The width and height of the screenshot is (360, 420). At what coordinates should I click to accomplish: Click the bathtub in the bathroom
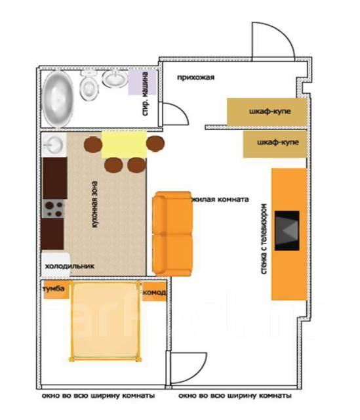tap(58, 99)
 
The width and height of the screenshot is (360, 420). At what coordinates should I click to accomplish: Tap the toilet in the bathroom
tap(89, 85)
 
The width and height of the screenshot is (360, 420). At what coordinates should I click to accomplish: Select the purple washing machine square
tap(142, 83)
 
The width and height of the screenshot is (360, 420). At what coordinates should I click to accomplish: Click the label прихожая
tap(195, 77)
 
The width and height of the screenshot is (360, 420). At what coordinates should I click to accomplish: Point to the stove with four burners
tap(53, 209)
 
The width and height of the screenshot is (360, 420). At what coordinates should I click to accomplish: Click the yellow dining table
tap(124, 144)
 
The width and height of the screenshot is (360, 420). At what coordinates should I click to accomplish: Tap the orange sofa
tap(172, 234)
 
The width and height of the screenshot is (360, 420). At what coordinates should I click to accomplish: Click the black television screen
tap(287, 230)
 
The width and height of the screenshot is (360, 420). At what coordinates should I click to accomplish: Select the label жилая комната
tap(220, 199)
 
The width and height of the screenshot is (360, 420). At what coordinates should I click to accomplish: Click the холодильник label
tap(70, 266)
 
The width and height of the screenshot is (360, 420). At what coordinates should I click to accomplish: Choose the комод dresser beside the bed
tap(155, 291)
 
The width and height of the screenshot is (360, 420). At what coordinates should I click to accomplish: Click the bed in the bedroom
tap(105, 321)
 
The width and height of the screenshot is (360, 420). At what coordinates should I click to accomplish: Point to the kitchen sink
tap(54, 144)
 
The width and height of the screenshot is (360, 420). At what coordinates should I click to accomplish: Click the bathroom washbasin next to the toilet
tap(115, 79)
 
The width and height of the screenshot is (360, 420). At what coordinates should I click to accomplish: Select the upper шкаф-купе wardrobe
tap(267, 112)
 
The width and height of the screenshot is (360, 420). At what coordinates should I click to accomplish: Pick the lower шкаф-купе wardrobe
tap(275, 144)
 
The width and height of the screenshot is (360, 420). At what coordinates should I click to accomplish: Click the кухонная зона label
tap(94, 204)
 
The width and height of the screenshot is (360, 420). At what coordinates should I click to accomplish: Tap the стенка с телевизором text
tap(264, 239)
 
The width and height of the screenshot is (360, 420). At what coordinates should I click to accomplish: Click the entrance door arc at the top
tap(284, 34)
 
